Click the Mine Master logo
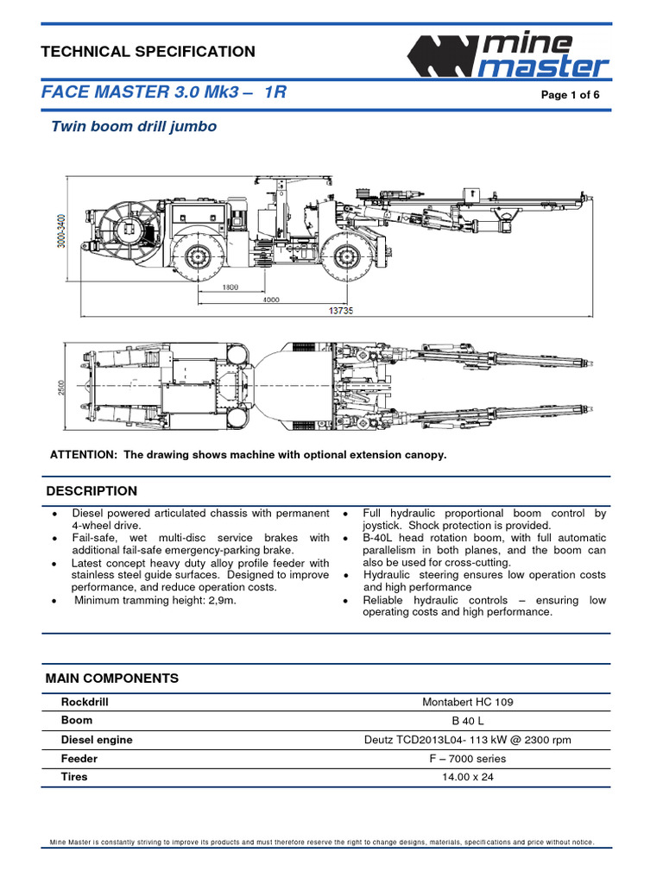(509, 55)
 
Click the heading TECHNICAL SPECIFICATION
(148, 52)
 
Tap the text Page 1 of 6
(570, 95)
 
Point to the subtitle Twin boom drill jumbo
(134, 127)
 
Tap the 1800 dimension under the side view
(229, 287)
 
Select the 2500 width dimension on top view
(61, 390)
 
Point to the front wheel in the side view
(347, 256)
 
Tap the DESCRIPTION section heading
(91, 491)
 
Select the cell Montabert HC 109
(467, 702)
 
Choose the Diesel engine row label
(97, 739)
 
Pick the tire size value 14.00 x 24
(467, 777)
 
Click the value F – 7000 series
(467, 759)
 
